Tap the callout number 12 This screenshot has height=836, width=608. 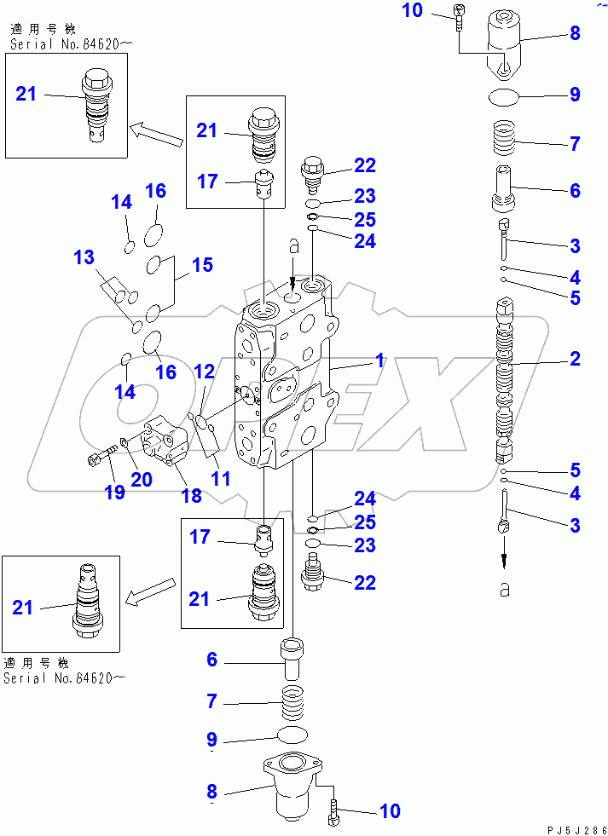point(204,371)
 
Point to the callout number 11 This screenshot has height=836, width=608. point(221,478)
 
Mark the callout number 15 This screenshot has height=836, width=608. point(201,265)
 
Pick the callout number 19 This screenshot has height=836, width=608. point(114,492)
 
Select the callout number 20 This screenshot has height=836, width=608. point(142,479)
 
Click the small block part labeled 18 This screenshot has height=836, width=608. point(167,440)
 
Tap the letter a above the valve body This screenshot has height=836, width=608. point(292,247)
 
